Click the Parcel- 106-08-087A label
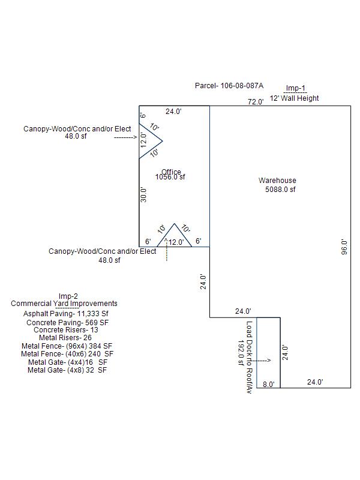point(229,86)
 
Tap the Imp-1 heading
point(295,88)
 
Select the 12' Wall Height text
point(294,98)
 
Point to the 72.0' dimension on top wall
point(256,102)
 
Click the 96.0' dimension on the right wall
point(344,247)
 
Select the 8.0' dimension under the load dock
point(268,384)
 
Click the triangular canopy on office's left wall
point(149,141)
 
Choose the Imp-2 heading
point(68,296)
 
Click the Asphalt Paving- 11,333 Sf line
point(66,313)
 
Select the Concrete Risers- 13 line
point(66,330)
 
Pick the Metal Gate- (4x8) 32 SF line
point(67,370)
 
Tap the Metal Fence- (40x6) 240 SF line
point(67,354)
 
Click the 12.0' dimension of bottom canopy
point(176,242)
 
